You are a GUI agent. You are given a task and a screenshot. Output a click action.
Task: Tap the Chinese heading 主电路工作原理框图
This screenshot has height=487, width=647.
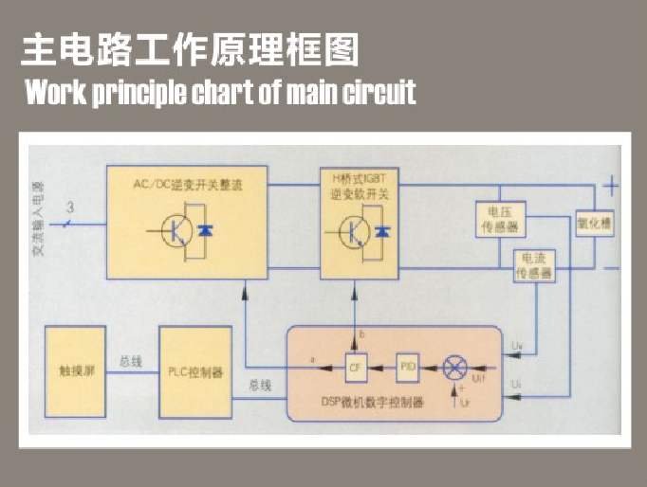tap(190, 50)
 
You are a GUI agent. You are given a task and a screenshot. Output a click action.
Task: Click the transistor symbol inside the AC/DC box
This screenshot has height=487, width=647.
tap(176, 231)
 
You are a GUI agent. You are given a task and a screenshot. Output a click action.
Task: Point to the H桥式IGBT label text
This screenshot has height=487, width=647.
tap(357, 179)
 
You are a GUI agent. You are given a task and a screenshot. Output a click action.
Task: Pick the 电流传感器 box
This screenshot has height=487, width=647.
tap(534, 266)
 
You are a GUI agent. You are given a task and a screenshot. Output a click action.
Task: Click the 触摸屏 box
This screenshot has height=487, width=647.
tap(76, 372)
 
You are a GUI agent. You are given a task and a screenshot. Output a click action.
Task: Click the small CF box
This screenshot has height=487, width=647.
tap(356, 368)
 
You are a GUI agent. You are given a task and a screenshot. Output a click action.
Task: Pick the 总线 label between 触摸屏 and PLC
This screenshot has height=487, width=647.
tap(131, 361)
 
